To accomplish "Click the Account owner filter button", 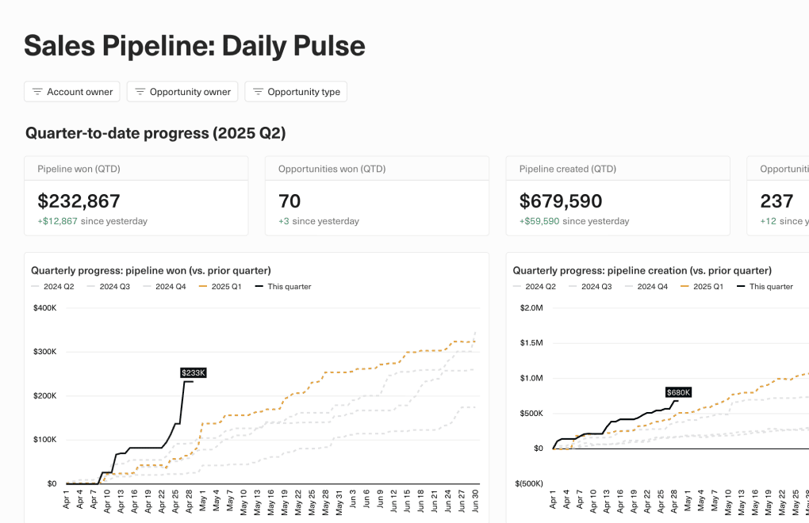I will click(x=72, y=92).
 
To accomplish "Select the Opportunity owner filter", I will click(x=182, y=92).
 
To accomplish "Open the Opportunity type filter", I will click(x=296, y=92).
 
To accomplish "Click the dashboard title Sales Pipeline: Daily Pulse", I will click(x=194, y=46).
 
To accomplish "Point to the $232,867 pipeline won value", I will click(x=79, y=201).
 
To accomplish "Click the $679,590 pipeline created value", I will click(x=561, y=201).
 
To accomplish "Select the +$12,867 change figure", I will click(x=57, y=221).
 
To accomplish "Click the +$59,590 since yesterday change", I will click(x=539, y=221).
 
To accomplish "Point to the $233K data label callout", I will click(x=193, y=372).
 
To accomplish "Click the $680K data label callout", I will click(x=678, y=392).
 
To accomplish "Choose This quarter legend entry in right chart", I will click(x=765, y=287).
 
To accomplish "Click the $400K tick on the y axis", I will click(x=45, y=307).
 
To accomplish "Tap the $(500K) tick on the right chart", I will click(x=527, y=483).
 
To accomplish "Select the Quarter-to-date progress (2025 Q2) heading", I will click(x=155, y=133).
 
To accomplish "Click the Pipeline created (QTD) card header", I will click(x=567, y=169).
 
